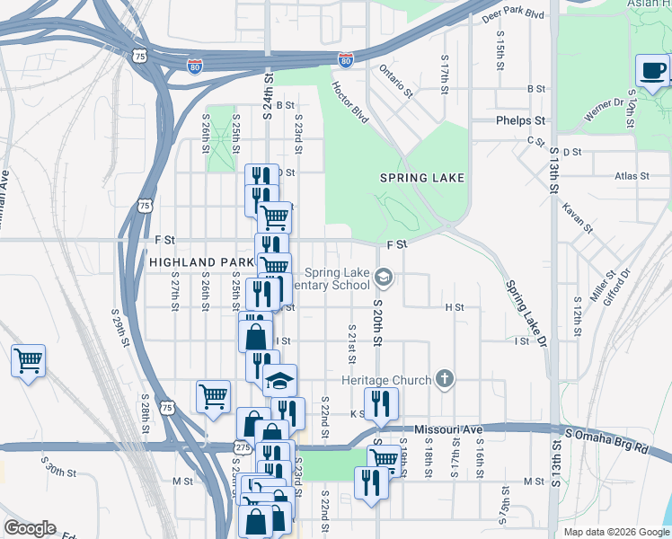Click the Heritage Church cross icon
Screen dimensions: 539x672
tap(444, 380)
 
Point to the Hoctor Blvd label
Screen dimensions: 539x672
tap(350, 102)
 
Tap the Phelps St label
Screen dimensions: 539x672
tap(520, 119)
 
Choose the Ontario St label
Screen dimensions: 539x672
tap(394, 79)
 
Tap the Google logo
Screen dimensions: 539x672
tap(30, 528)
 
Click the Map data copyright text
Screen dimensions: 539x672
tap(616, 532)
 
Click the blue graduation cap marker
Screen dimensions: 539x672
tap(279, 381)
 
